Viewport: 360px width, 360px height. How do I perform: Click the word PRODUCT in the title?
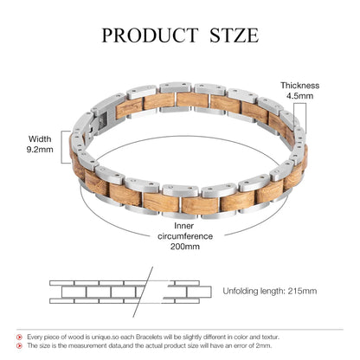[150, 35]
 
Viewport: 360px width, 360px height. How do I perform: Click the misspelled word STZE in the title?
[234, 35]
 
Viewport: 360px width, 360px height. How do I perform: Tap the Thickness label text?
[300, 86]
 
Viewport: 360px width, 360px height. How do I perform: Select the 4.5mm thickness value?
[300, 96]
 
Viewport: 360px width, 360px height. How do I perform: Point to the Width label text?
[40, 138]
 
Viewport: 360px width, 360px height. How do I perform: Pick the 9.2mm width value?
[40, 150]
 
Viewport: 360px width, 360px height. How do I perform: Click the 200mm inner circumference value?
[184, 247]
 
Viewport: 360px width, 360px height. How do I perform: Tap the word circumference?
[185, 236]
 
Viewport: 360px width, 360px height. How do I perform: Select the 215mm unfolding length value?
[302, 291]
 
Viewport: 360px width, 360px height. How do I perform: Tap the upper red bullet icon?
[19, 337]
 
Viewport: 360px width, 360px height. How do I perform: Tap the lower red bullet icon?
[19, 345]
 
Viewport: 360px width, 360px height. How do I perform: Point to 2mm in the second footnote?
[264, 345]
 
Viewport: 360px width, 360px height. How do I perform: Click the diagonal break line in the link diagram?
[143, 292]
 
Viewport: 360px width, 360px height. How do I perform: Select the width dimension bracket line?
[61, 147]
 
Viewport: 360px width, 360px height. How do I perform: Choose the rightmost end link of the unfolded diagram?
[199, 292]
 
